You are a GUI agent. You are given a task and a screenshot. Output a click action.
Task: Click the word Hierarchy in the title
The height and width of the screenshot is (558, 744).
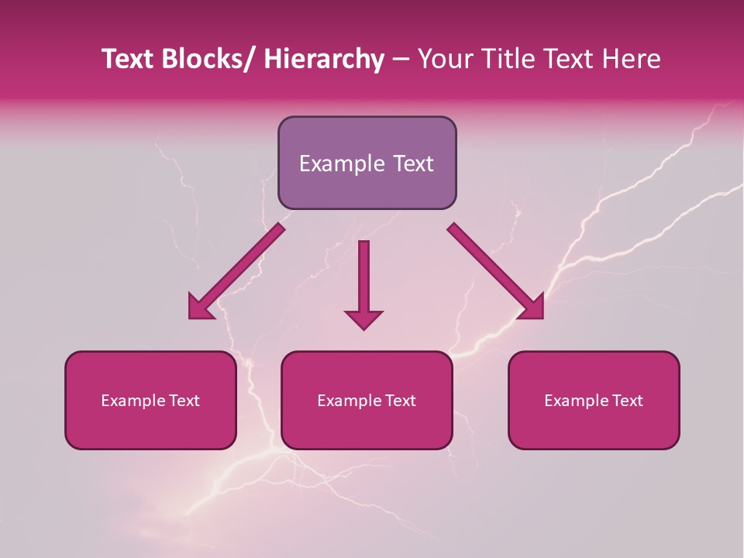pos(324,60)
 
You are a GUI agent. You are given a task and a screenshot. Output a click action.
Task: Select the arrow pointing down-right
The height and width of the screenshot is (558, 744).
pos(495,271)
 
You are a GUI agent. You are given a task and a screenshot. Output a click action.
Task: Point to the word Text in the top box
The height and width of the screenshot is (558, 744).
pos(412,164)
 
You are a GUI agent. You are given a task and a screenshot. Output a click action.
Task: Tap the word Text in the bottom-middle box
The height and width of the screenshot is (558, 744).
pos(399,401)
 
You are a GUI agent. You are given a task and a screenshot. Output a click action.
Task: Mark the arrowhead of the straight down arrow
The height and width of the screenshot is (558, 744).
pos(363,319)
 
